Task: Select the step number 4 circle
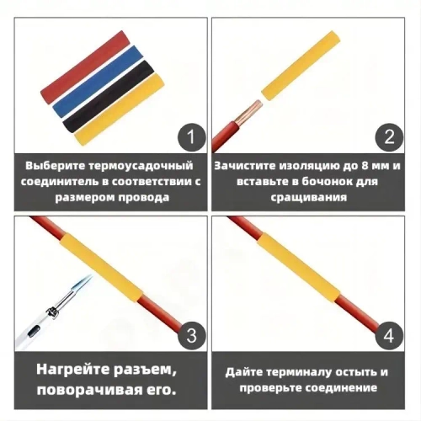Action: pyautogui.click(x=388, y=335)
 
